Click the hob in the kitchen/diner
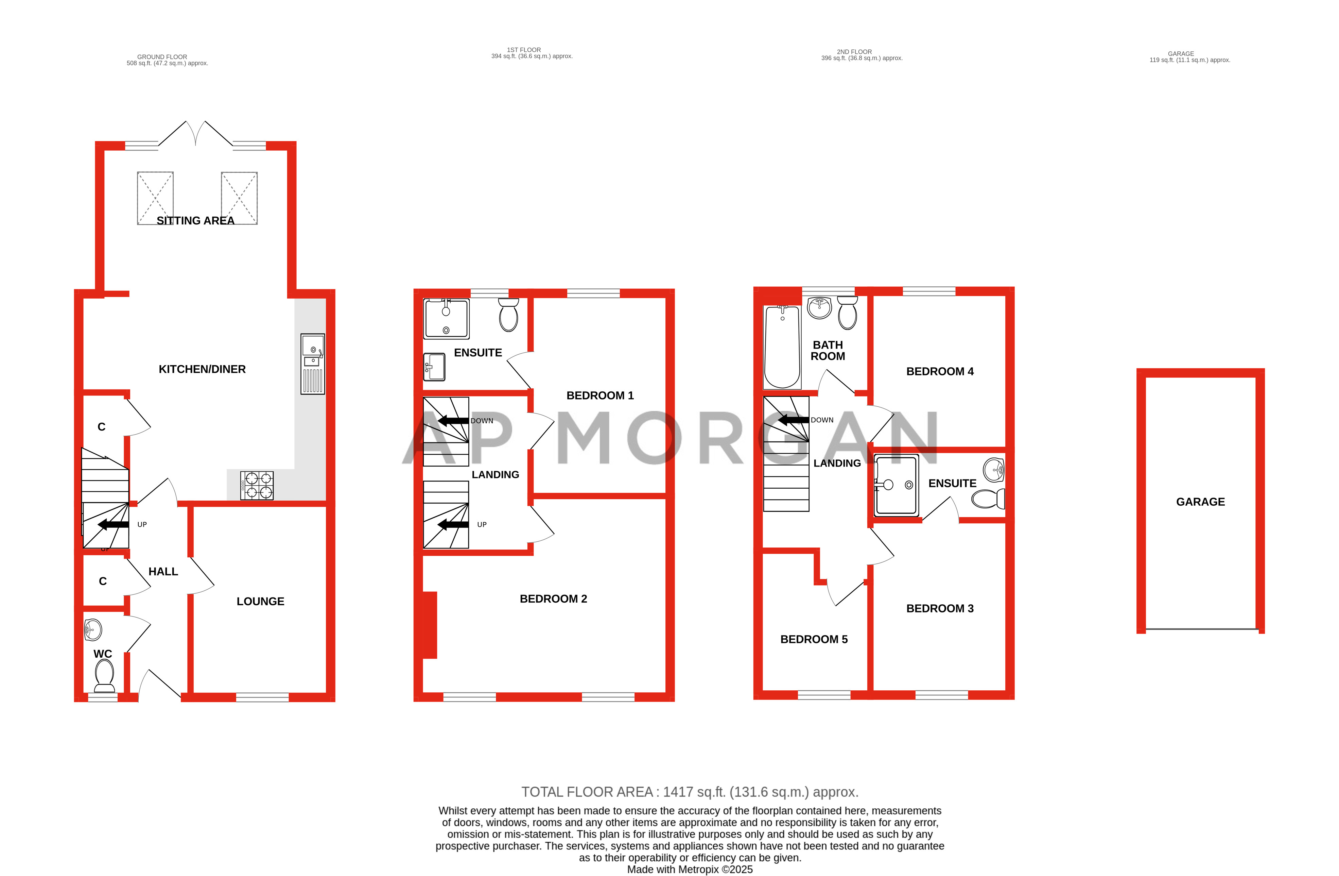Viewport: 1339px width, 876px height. point(257,485)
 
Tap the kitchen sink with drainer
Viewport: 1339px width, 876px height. point(313,364)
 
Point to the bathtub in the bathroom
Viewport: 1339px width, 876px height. point(782,347)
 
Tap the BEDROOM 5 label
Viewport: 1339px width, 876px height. point(814,639)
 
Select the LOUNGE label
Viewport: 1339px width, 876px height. point(260,601)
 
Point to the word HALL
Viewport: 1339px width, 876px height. point(163,571)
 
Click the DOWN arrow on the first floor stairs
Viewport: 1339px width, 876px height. point(453,421)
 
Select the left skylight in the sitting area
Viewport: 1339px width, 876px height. point(155,198)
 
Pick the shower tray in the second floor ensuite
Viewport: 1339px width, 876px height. point(896,485)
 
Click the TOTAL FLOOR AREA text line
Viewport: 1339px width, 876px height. point(690,792)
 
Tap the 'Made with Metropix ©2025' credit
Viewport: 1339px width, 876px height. point(690,869)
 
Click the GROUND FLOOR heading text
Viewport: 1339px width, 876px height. point(162,57)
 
